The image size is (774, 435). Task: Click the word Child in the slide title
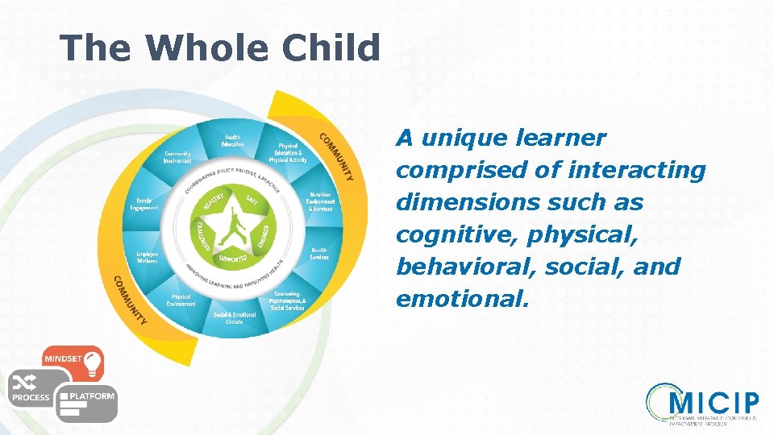pyautogui.click(x=331, y=48)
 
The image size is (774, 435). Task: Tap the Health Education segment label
pyautogui.click(x=232, y=140)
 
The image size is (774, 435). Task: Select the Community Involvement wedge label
pyautogui.click(x=177, y=157)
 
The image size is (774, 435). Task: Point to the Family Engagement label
pyautogui.click(x=144, y=204)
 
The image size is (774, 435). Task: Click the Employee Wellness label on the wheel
pyautogui.click(x=147, y=257)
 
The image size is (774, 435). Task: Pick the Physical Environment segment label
pyautogui.click(x=181, y=300)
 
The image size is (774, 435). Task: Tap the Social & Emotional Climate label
pyautogui.click(x=234, y=317)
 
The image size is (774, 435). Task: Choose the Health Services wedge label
pyautogui.click(x=319, y=253)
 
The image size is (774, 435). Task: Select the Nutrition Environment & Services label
pyautogui.click(x=320, y=201)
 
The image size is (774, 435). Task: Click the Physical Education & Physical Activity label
pyautogui.click(x=286, y=153)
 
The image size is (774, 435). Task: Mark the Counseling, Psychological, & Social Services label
pyautogui.click(x=287, y=300)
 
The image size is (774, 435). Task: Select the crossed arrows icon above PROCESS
pyautogui.click(x=30, y=383)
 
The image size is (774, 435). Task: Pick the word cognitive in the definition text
pyautogui.click(x=446, y=234)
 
